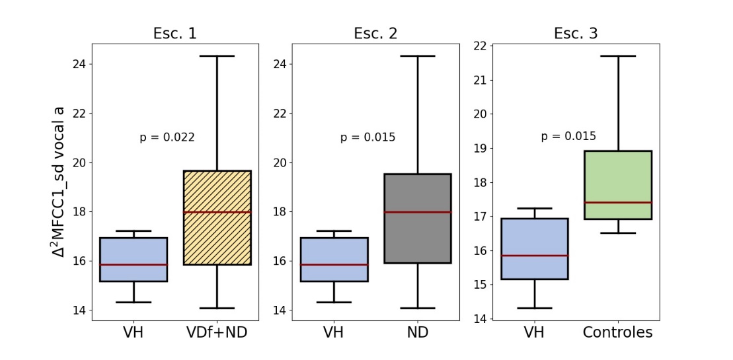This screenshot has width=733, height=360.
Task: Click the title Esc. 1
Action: [174, 34]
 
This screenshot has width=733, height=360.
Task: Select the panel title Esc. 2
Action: [375, 34]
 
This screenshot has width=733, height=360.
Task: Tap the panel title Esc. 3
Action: [576, 34]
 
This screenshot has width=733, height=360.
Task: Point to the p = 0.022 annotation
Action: [167, 137]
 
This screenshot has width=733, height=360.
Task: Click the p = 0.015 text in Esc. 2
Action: [367, 137]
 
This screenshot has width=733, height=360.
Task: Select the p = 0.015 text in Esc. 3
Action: [568, 136]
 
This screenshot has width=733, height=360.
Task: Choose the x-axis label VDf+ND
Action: [217, 333]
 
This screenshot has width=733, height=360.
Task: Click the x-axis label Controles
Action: [617, 333]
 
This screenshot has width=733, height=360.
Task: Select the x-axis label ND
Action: [418, 333]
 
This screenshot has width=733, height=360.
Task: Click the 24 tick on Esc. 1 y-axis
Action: [81, 64]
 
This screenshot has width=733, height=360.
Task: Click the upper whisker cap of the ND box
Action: [418, 56]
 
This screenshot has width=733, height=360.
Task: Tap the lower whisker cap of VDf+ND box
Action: [217, 308]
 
